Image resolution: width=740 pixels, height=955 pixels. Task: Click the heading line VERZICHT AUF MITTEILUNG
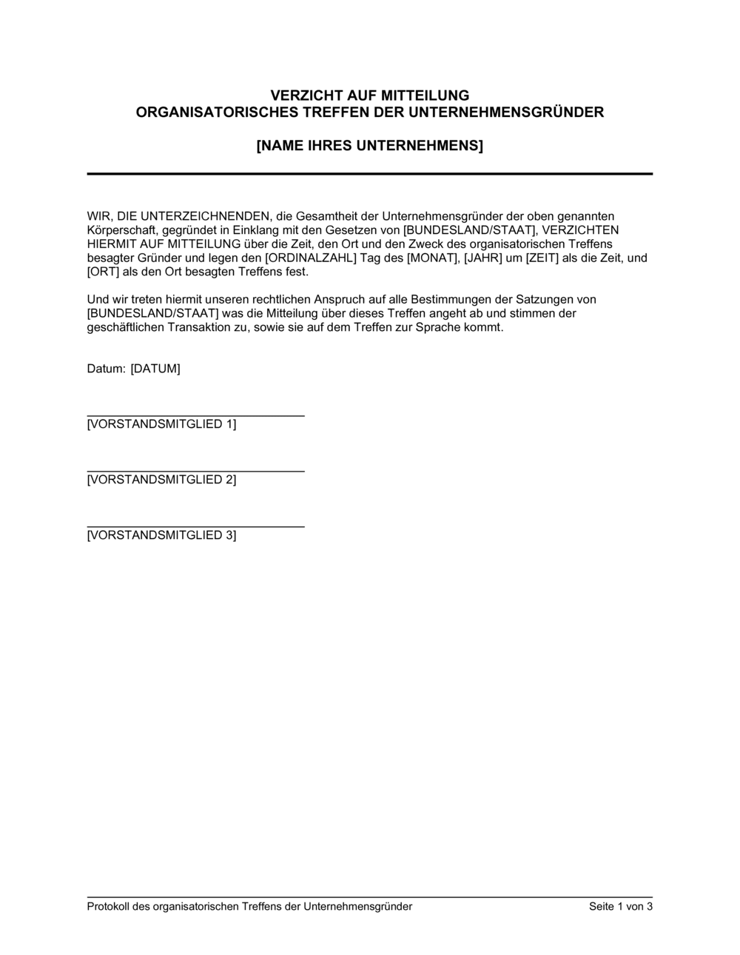(369, 95)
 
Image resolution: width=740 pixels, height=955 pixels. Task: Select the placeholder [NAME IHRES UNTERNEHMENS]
(369, 146)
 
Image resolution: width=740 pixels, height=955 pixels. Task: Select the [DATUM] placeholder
(155, 369)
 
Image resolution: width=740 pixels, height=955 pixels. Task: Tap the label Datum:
(106, 369)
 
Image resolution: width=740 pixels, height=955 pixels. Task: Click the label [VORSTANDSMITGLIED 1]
(161, 424)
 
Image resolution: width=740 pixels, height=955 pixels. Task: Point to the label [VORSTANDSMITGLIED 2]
(161, 480)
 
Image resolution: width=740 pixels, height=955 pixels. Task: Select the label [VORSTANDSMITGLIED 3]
(161, 535)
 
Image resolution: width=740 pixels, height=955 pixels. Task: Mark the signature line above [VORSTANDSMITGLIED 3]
(195, 527)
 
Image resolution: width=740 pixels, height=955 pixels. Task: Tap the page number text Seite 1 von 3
(620, 906)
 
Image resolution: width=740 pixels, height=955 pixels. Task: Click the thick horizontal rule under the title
(369, 173)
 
